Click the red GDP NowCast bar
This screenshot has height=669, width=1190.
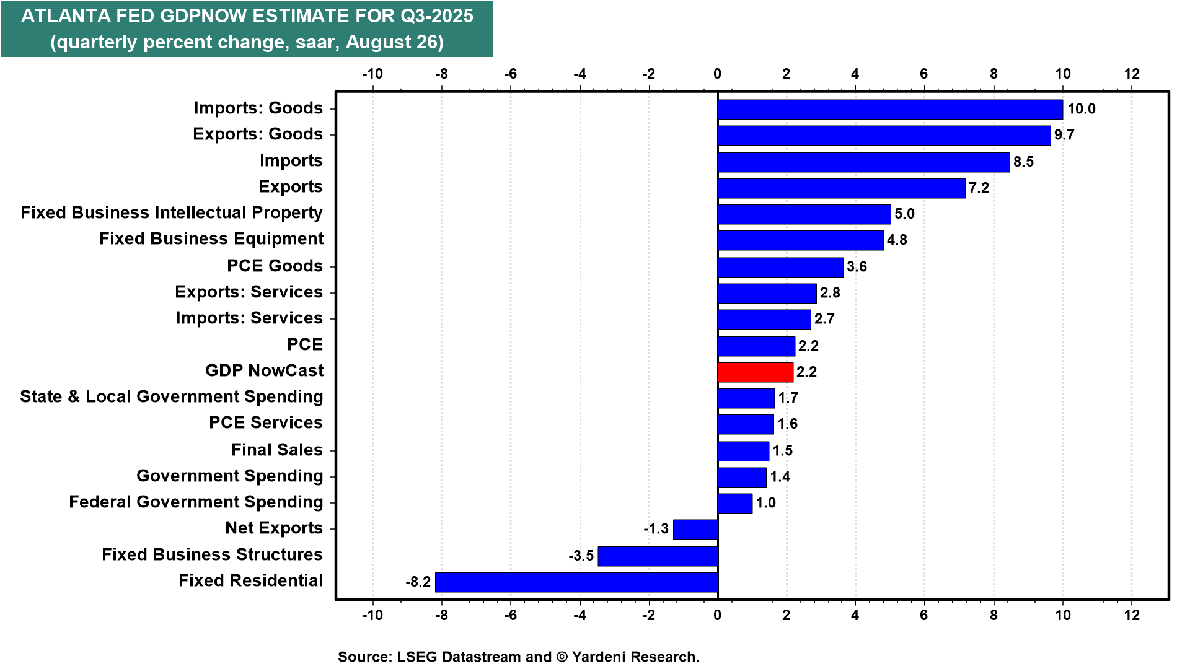pyautogui.click(x=756, y=372)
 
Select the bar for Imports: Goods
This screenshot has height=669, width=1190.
pyautogui.click(x=890, y=109)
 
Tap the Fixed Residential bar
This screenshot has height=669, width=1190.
pyautogui.click(x=576, y=582)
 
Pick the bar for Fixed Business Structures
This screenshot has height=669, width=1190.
pyautogui.click(x=658, y=556)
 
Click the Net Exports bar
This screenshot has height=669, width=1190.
pyautogui.click(x=695, y=530)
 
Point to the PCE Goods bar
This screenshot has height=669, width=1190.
pyautogui.click(x=780, y=267)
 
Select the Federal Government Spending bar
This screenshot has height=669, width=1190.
pyautogui.click(x=735, y=503)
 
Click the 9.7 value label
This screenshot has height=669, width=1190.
pyautogui.click(x=1064, y=135)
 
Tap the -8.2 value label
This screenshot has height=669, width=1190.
pyautogui.click(x=418, y=582)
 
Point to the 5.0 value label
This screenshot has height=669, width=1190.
pyautogui.click(x=904, y=214)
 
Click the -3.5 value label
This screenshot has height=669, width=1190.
pyautogui.click(x=581, y=556)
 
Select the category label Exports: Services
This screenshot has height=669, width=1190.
pyautogui.click(x=249, y=292)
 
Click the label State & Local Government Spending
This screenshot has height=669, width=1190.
pyautogui.click(x=171, y=396)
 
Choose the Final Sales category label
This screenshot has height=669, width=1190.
pyautogui.click(x=276, y=450)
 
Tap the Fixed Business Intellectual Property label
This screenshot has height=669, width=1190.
pyautogui.click(x=171, y=212)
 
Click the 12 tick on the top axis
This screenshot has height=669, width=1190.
pyautogui.click(x=1132, y=74)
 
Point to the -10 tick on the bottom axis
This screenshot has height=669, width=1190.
pyautogui.click(x=372, y=614)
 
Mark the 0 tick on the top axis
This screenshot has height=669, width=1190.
pyautogui.click(x=717, y=74)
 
